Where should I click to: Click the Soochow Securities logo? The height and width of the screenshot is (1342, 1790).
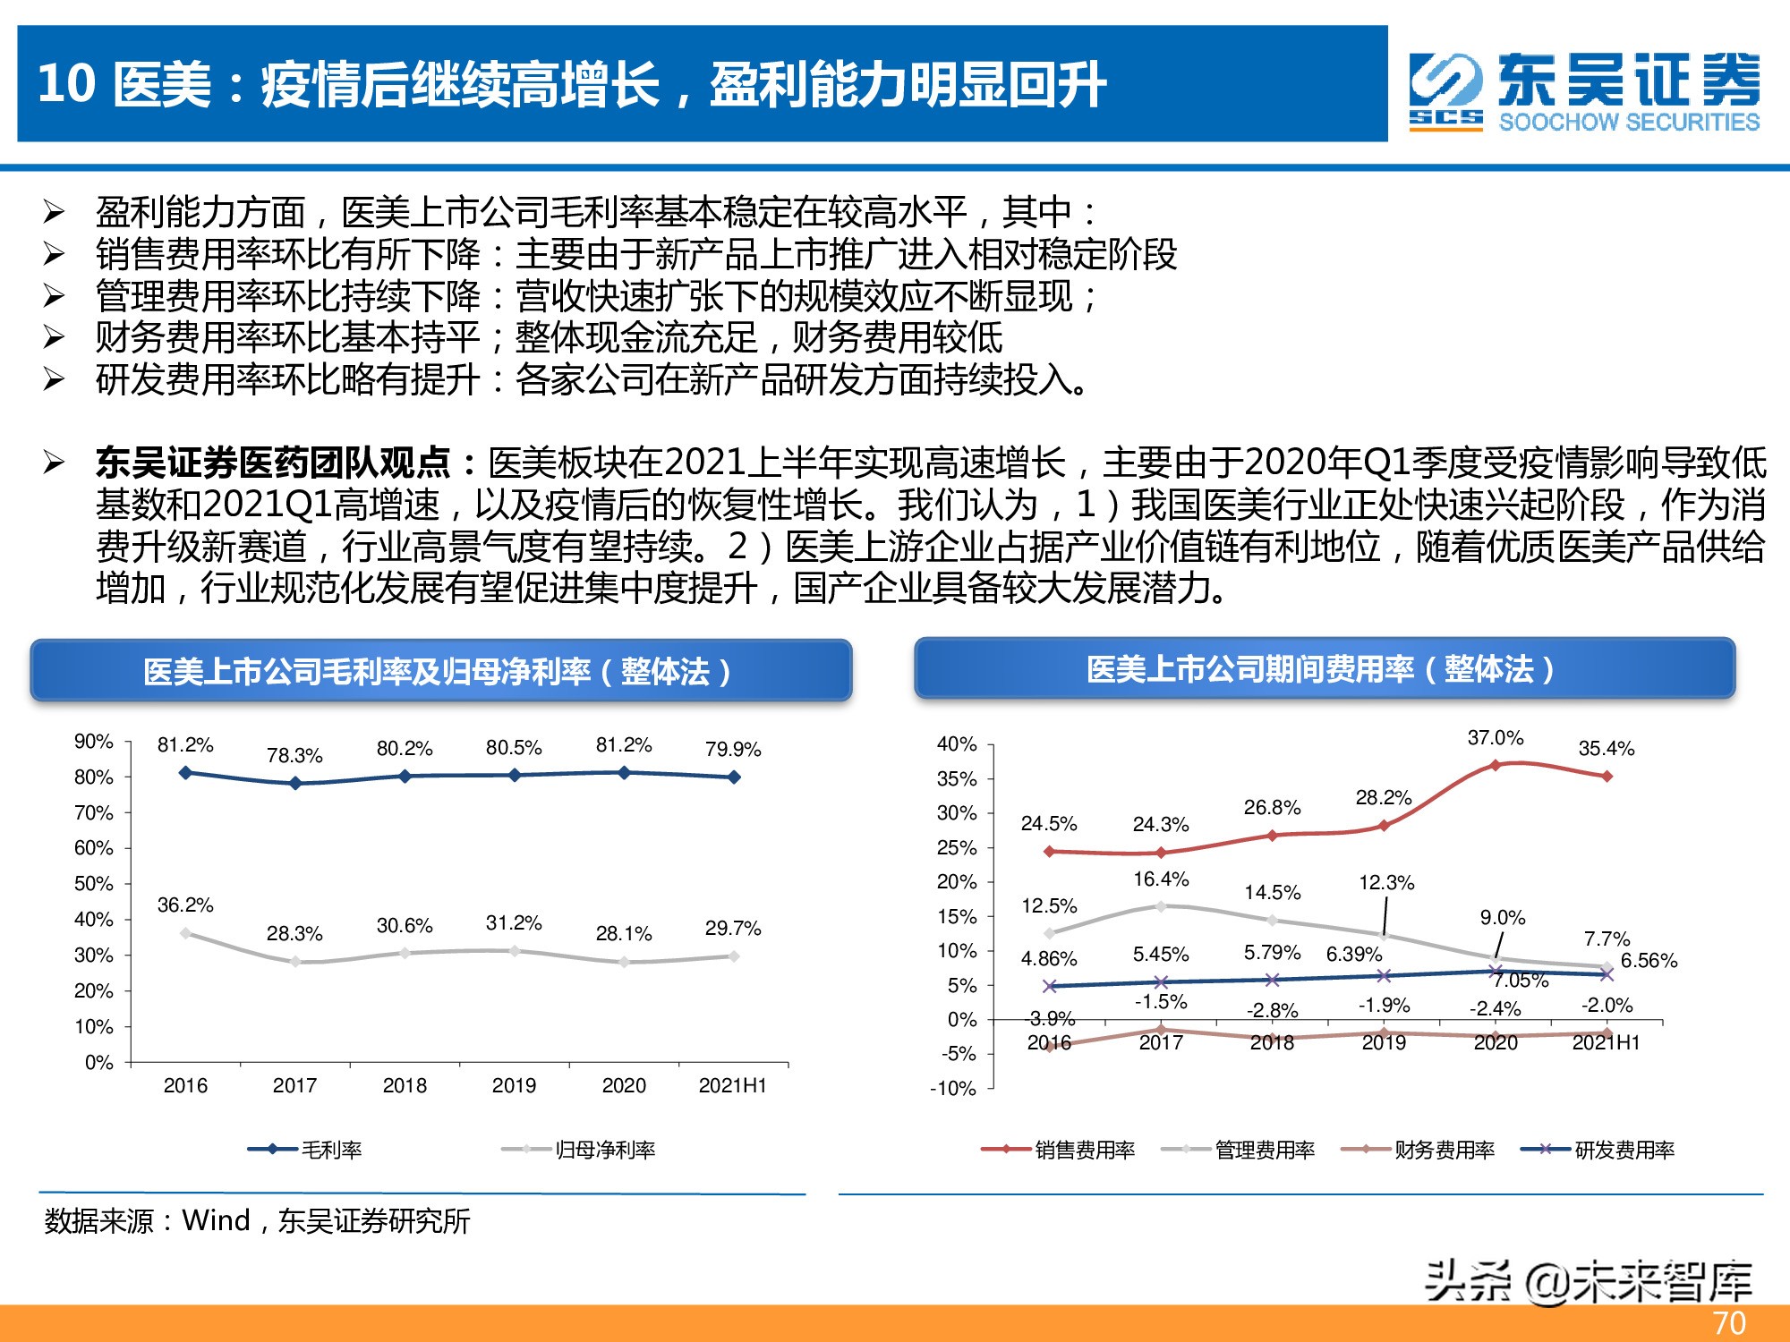(x=1584, y=91)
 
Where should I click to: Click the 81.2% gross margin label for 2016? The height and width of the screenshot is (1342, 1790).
(x=185, y=745)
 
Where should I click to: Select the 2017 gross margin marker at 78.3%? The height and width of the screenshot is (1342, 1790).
(x=295, y=783)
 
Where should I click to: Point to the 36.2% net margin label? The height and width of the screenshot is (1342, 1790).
(x=185, y=905)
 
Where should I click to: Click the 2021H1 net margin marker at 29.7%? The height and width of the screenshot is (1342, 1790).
(x=734, y=956)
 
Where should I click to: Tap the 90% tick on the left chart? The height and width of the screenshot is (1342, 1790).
(x=94, y=742)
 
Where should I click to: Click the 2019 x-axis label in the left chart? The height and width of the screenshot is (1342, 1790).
(x=514, y=1085)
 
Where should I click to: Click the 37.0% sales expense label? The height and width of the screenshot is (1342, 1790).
(x=1495, y=738)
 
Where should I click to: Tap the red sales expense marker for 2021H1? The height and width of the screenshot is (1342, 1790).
(x=1607, y=777)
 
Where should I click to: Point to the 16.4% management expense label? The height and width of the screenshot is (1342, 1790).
(x=1161, y=879)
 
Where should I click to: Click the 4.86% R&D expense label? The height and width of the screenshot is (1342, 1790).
(x=1049, y=959)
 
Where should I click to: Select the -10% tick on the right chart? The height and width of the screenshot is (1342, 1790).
(x=953, y=1089)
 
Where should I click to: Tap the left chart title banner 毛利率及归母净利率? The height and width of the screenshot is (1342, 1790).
(x=440, y=671)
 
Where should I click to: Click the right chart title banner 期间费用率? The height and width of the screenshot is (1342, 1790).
(x=1324, y=669)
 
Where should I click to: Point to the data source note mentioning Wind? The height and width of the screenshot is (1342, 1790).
(x=258, y=1220)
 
